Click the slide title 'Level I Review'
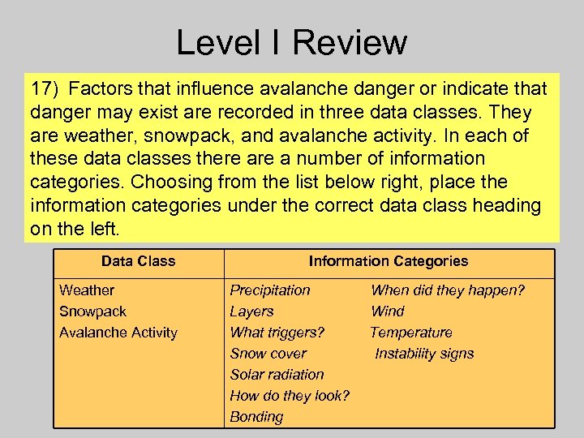tap(291, 42)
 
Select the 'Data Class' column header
tap(138, 261)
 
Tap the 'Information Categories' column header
tap(388, 261)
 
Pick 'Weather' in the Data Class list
tap(87, 290)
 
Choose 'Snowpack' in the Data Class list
tap(92, 311)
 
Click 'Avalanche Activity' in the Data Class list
tap(118, 333)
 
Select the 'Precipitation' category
tap(270, 290)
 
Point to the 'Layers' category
tap(251, 311)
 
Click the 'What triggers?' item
tap(277, 333)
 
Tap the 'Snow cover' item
tap(268, 354)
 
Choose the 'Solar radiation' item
tap(277, 375)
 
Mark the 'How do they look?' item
tap(290, 396)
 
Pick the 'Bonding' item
tap(256, 417)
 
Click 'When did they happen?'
tap(448, 290)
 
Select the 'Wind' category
tap(387, 311)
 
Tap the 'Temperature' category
tap(411, 333)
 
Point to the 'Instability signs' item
tap(424, 354)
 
